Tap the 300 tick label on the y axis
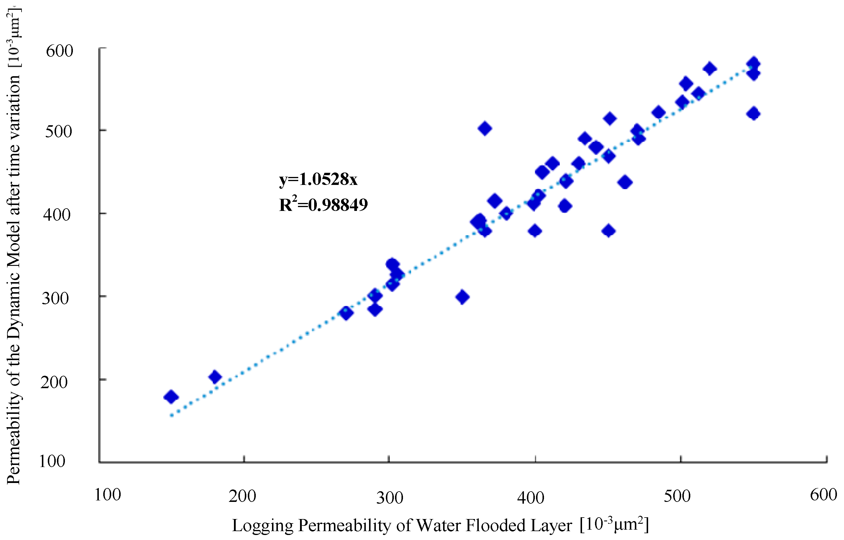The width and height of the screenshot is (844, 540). tap(55, 298)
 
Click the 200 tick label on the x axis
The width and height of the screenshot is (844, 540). tap(242, 497)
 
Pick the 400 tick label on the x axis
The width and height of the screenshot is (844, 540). tap(531, 497)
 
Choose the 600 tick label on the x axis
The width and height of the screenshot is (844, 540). tap(823, 495)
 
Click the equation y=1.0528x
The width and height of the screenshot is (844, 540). tap(318, 179)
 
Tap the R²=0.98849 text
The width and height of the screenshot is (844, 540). tap(323, 204)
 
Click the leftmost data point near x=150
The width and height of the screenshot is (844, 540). tap(171, 397)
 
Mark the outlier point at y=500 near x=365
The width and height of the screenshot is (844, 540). tap(485, 129)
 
